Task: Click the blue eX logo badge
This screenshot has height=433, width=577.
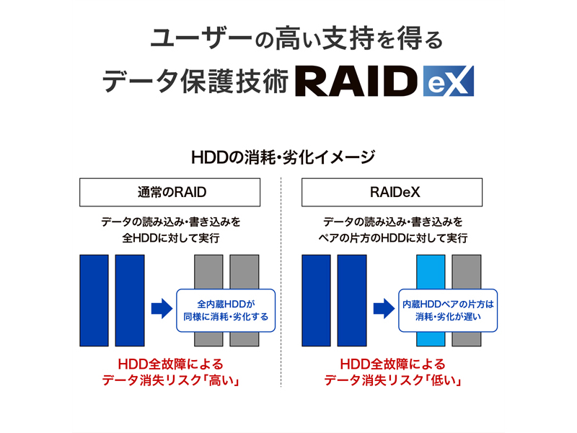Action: tap(449, 82)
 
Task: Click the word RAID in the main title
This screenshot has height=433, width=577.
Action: tap(358, 83)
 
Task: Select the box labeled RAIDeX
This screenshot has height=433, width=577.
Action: tap(392, 193)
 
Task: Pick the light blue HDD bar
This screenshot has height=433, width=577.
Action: tap(431, 299)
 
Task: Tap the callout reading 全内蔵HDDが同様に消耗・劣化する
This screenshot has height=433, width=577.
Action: tap(226, 310)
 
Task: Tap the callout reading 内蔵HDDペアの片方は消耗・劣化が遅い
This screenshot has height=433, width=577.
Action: tap(450, 310)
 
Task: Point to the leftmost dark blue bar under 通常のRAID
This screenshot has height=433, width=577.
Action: tap(94, 299)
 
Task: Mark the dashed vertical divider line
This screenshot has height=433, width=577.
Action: tap(281, 289)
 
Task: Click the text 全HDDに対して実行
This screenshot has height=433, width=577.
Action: tap(170, 237)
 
